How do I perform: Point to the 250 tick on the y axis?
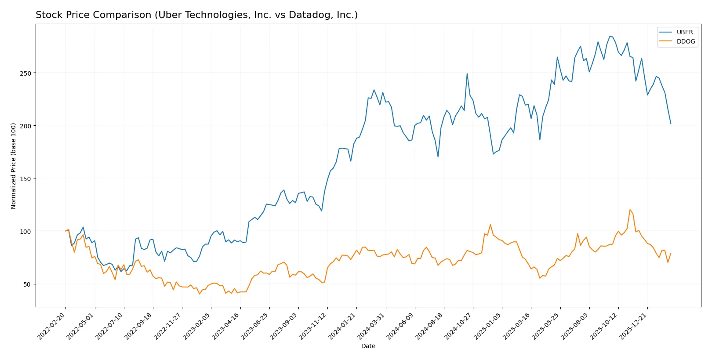pos(25,73)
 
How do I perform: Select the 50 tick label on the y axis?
pos(27,284)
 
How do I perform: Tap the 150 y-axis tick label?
pos(25,179)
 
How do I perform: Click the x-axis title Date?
pos(368,346)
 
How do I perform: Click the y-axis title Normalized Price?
pos(14,166)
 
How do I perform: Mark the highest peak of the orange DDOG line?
pos(630,210)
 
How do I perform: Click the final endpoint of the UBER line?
pos(671,124)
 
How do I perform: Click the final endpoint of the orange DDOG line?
pos(671,253)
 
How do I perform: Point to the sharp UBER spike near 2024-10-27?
pos(467,73)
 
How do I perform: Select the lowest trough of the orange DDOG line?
pos(200,294)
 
